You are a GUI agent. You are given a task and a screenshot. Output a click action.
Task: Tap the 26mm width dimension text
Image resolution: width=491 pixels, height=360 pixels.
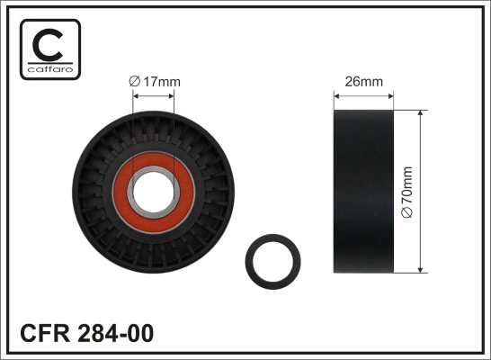point(364,81)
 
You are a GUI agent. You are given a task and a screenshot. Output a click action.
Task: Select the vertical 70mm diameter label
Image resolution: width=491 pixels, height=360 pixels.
point(408,190)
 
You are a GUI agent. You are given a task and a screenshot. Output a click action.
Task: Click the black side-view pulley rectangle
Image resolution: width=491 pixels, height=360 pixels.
point(364,191)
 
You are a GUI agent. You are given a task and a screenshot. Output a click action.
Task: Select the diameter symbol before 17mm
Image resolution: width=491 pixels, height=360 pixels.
point(135,81)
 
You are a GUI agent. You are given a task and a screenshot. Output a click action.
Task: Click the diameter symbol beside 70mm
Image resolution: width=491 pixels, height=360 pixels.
point(408,212)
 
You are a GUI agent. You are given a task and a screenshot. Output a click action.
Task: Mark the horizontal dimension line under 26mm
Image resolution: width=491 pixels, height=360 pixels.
point(364,95)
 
